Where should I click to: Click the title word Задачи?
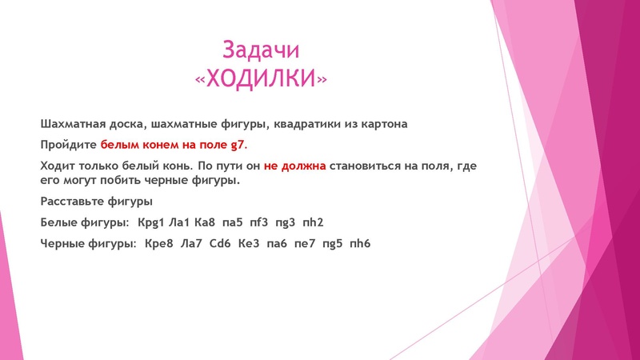pos(261,50)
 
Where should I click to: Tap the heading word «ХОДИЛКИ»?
pos(261,78)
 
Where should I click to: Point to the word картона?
pos(381,125)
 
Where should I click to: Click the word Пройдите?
pos(69,146)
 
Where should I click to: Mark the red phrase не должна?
pos(294,166)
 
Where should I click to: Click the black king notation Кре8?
pos(160,241)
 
